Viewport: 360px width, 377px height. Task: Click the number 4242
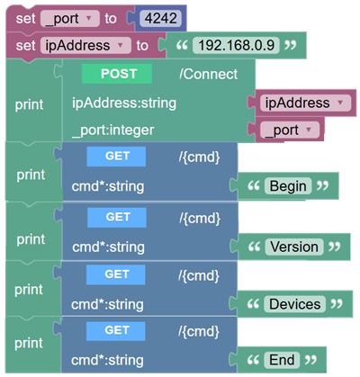click(x=161, y=18)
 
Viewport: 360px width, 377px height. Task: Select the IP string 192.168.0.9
click(x=236, y=45)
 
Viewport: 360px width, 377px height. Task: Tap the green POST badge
click(x=117, y=74)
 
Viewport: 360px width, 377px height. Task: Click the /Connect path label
click(x=209, y=74)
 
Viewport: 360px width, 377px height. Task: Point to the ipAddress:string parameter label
click(x=124, y=103)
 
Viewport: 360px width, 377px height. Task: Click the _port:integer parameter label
click(x=113, y=130)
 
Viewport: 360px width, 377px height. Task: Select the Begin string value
click(x=288, y=186)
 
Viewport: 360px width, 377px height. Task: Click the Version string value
click(x=294, y=247)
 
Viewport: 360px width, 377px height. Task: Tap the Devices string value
click(x=294, y=304)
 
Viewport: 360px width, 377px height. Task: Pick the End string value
click(x=282, y=360)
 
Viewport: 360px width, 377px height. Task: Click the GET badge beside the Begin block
click(x=116, y=157)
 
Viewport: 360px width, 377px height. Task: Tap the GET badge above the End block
click(x=116, y=330)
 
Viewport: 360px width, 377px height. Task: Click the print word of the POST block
click(x=30, y=104)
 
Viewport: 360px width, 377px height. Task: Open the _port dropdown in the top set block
click(x=70, y=19)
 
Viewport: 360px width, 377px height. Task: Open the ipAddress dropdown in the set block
click(x=85, y=46)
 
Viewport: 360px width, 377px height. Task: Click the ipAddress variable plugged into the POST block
click(x=305, y=103)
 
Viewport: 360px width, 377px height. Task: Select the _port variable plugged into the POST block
click(x=290, y=130)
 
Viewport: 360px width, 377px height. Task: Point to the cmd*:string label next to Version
click(x=109, y=247)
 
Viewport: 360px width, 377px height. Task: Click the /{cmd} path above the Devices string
click(x=199, y=275)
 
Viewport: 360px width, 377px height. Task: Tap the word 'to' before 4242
click(x=111, y=19)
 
